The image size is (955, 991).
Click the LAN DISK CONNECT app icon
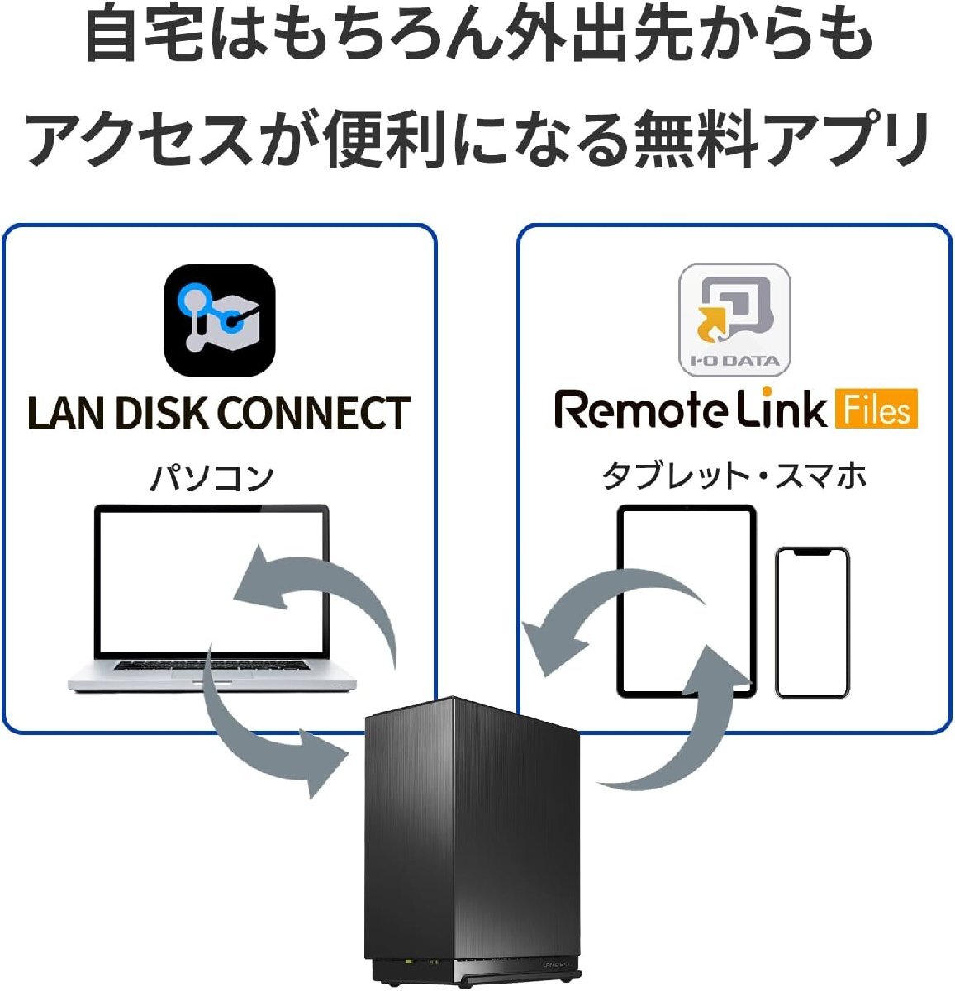pyautogui.click(x=219, y=320)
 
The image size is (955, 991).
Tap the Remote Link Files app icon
pyautogui.click(x=734, y=320)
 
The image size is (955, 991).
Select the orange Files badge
pyautogui.click(x=876, y=410)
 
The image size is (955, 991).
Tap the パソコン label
pyautogui.click(x=211, y=478)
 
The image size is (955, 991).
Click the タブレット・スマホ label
pyautogui.click(x=734, y=477)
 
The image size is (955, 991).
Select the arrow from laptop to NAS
pyautogui.click(x=264, y=735)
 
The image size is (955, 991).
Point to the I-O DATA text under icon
pyautogui.click(x=734, y=361)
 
